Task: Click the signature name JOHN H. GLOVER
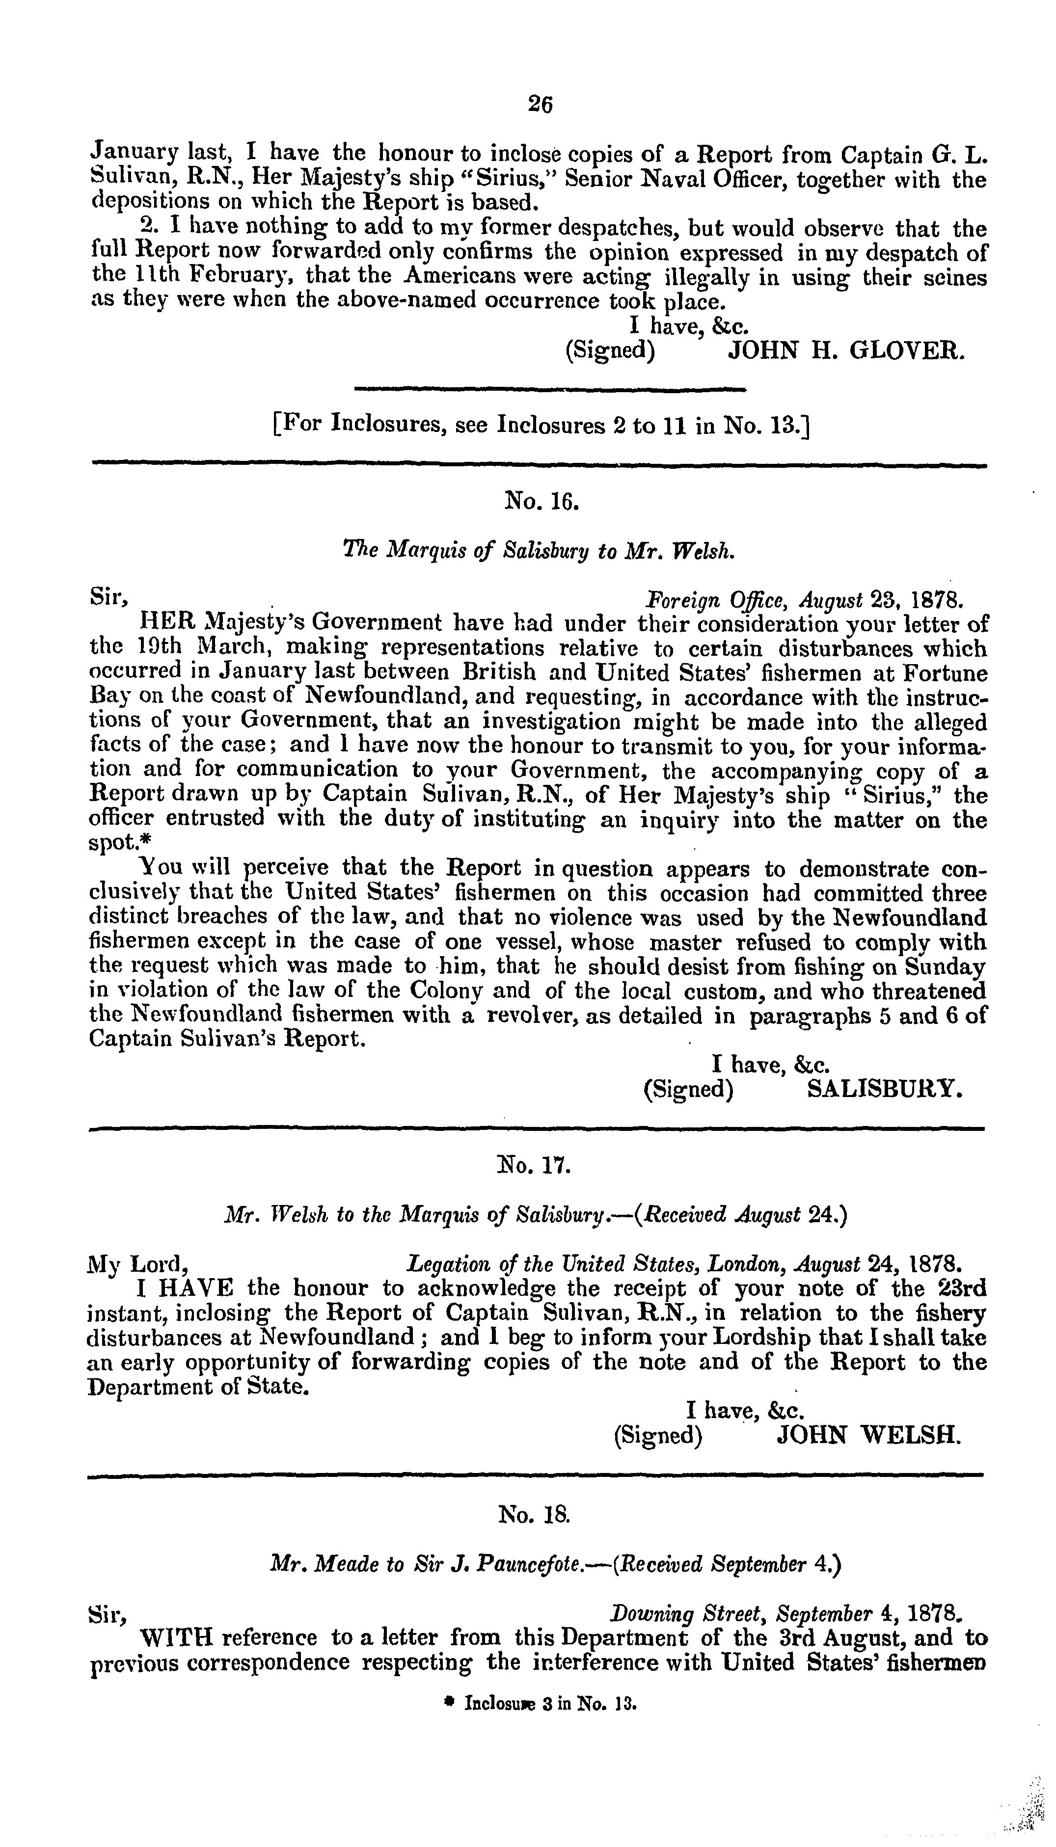(846, 351)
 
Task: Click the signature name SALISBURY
(885, 1090)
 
